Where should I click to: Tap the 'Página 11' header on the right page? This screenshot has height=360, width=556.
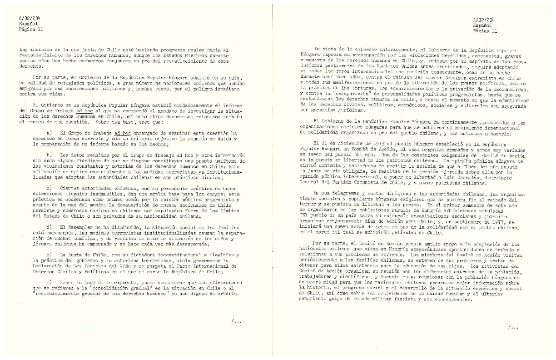(x=485, y=31)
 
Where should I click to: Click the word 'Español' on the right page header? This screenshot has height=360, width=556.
(x=482, y=26)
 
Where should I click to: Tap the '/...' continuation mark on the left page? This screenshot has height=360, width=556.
(x=236, y=321)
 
